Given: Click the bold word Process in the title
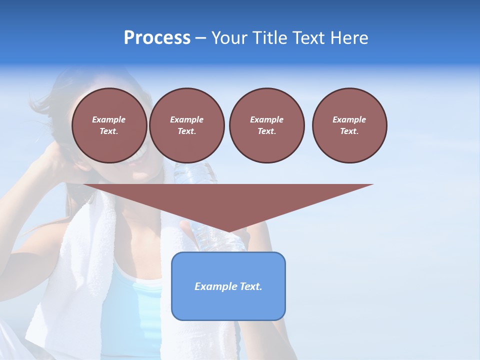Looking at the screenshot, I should [157, 38].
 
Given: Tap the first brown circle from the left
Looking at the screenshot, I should [109, 125].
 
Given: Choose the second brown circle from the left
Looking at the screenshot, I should [186, 125].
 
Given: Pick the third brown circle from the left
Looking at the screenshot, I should [266, 125].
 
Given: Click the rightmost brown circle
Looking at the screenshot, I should [349, 125].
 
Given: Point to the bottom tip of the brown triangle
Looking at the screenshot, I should [228, 231].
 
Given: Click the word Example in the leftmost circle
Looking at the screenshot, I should [109, 119].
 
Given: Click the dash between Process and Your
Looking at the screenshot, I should [200, 38].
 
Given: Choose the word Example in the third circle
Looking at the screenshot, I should [266, 119].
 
